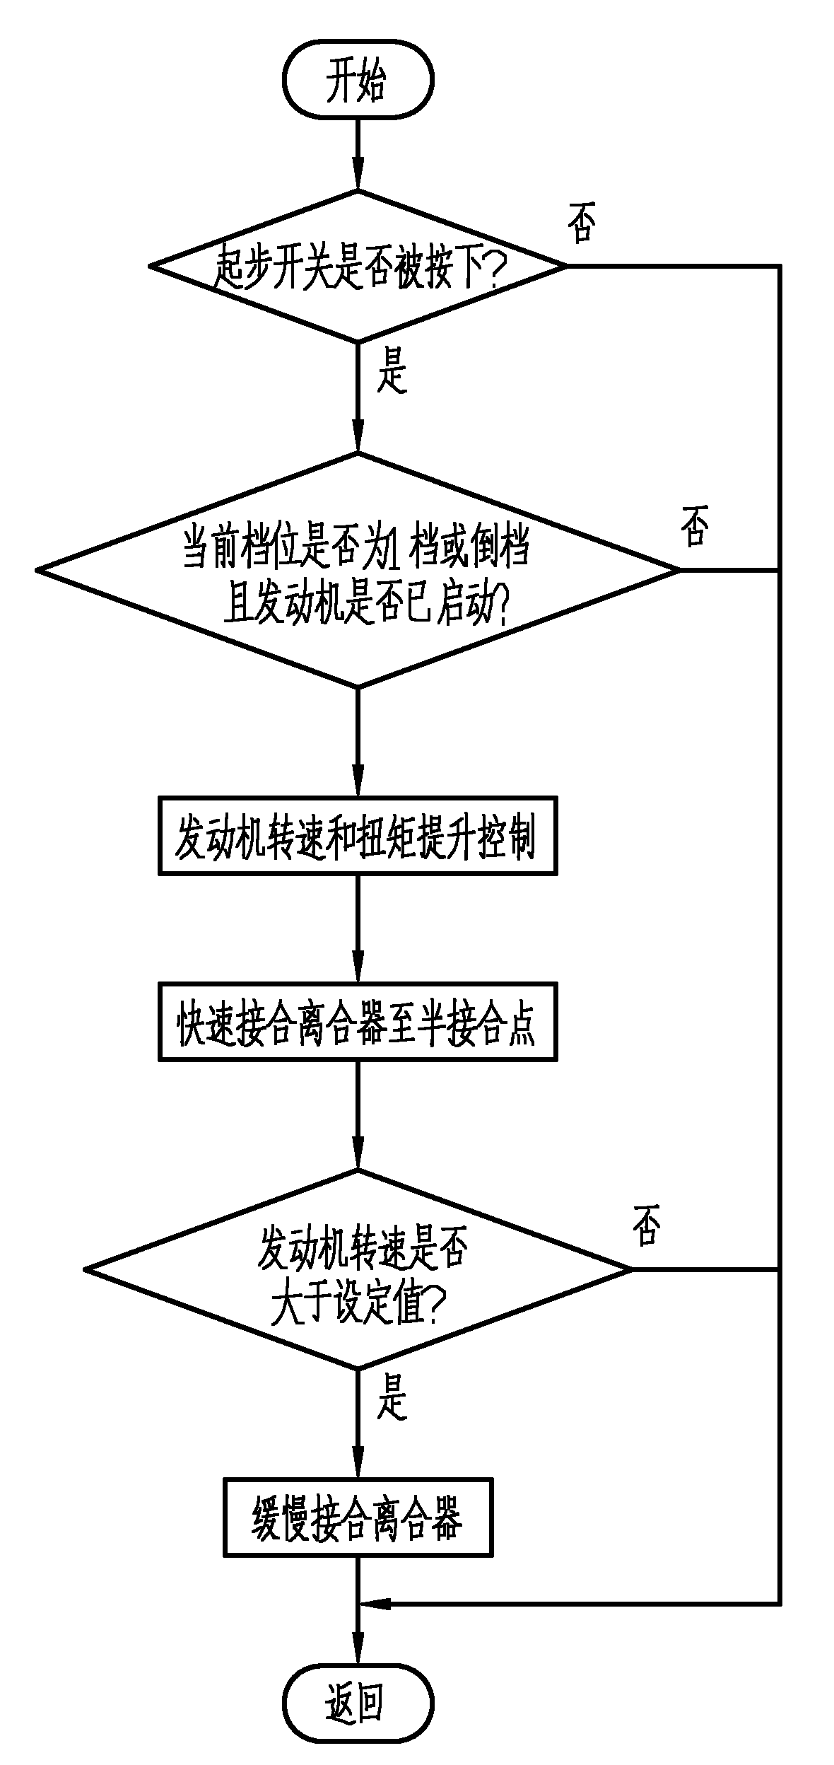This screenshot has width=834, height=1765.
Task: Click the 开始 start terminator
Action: pos(358,81)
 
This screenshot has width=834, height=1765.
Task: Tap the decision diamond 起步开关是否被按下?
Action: pos(358,267)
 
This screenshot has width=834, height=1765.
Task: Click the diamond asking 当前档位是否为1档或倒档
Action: pos(358,569)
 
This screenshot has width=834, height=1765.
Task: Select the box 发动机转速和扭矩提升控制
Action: pos(358,835)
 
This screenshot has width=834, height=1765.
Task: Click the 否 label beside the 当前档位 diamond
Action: pos(694,527)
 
